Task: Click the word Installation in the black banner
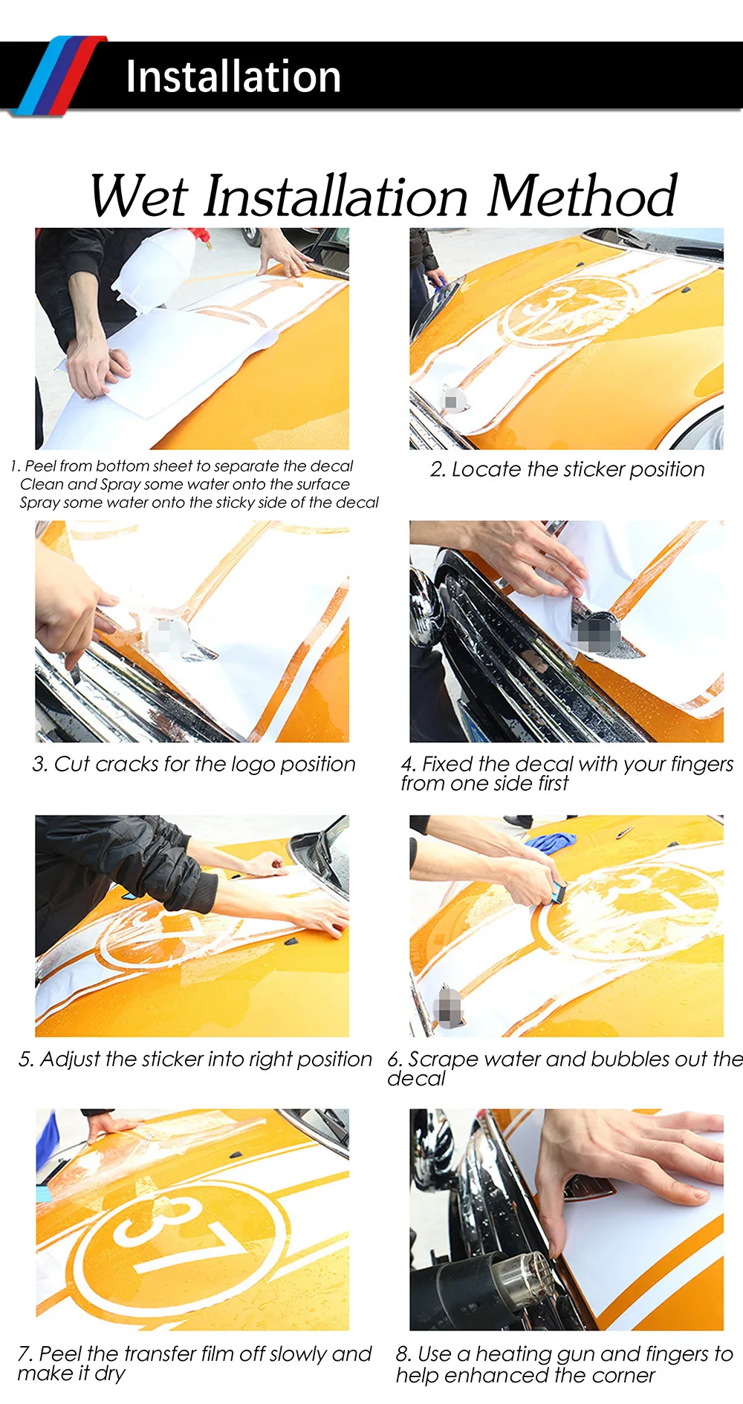233,76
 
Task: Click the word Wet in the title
139,197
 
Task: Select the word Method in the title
582,196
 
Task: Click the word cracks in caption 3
127,764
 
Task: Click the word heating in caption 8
511,1354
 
